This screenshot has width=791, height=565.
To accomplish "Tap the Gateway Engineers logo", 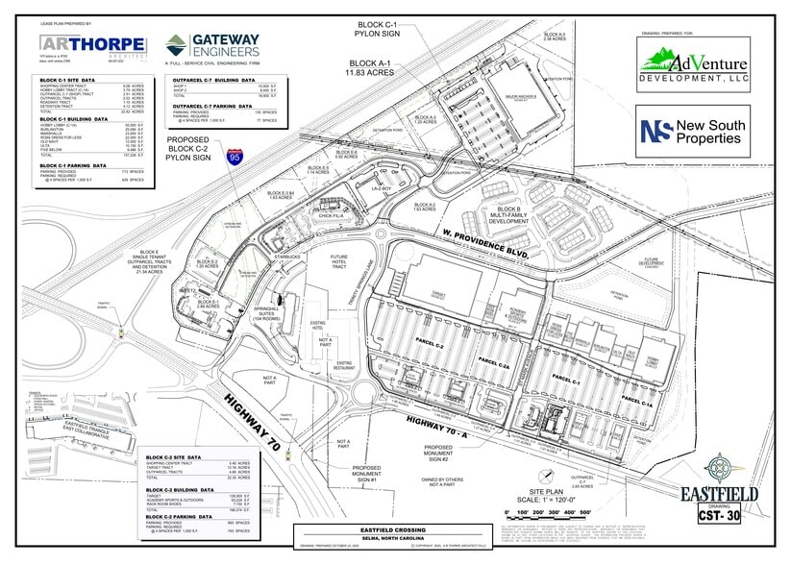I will (x=212, y=46).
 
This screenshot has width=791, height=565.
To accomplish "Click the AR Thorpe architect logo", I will (x=92, y=45).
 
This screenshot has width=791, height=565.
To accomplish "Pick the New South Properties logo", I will (x=694, y=131).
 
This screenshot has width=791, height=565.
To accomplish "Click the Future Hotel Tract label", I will (x=339, y=262).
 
